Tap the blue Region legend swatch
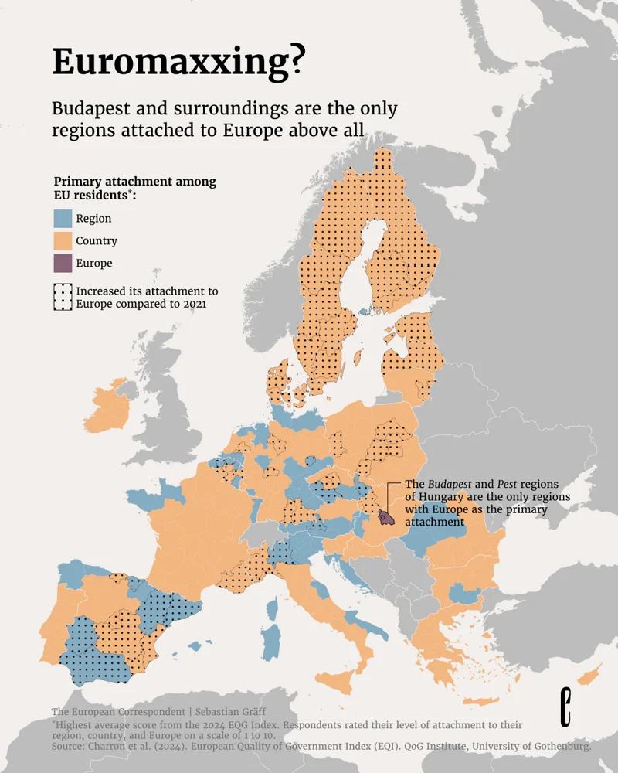click(63, 219)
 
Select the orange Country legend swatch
click(63, 241)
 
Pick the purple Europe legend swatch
click(63, 264)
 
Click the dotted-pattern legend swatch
click(63, 297)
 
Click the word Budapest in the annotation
click(453, 484)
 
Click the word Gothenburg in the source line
click(562, 747)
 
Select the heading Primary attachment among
click(134, 182)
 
